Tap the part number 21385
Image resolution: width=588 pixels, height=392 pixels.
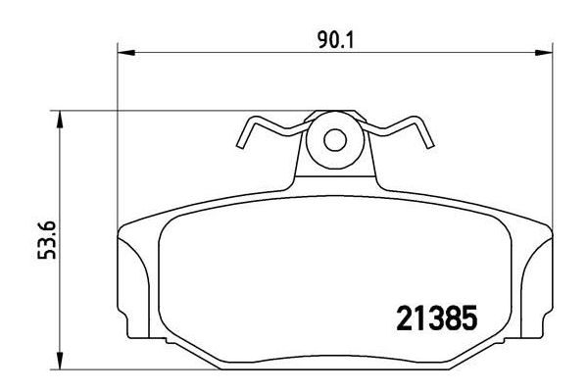pyautogui.click(x=433, y=319)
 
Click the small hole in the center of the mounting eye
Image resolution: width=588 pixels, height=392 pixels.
pyautogui.click(x=334, y=140)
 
